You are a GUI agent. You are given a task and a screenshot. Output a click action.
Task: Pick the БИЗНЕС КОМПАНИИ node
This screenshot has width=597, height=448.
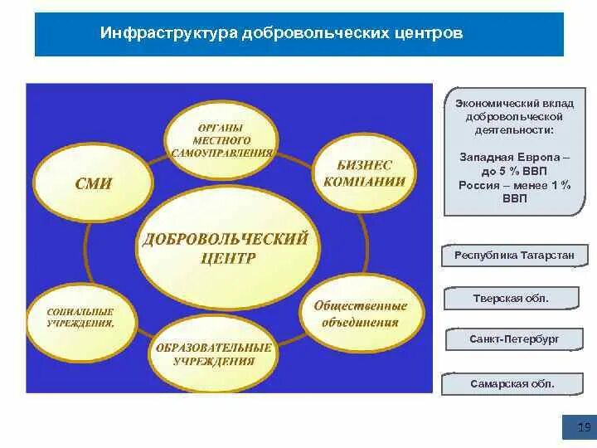point(365,173)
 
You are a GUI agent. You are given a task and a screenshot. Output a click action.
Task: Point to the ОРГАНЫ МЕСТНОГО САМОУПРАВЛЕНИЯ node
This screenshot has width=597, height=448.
point(222,141)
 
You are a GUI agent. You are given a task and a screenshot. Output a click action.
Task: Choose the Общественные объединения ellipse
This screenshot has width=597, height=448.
point(360,314)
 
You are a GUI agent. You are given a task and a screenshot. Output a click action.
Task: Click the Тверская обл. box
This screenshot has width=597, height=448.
point(511,298)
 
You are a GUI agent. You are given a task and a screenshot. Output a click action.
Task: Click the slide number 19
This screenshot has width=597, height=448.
point(583,428)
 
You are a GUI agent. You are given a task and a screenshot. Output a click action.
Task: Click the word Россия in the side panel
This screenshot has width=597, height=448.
point(477,185)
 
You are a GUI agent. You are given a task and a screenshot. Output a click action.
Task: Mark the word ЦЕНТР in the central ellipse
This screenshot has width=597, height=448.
point(227,259)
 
